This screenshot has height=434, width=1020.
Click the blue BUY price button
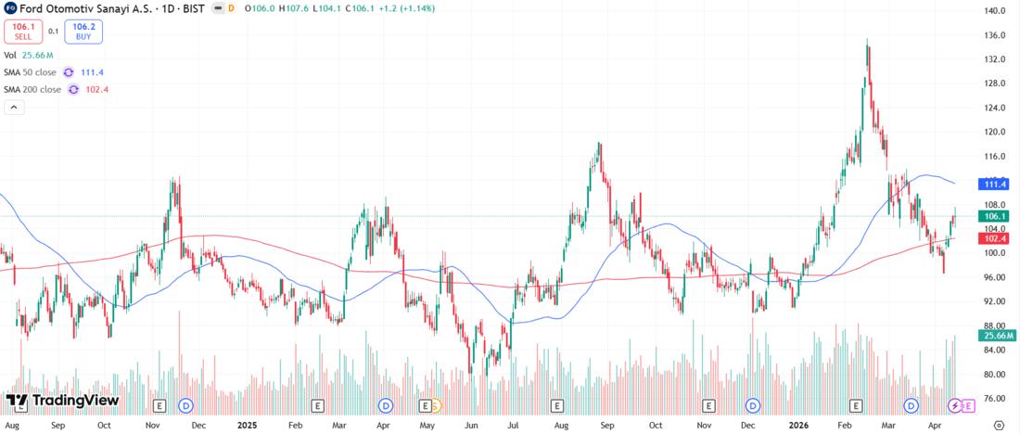click(83, 32)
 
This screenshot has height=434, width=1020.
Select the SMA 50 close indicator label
click(30, 72)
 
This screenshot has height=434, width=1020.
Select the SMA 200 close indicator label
click(32, 90)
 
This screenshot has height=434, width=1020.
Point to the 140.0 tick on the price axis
click(995, 11)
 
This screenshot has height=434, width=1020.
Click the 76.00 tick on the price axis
click(995, 399)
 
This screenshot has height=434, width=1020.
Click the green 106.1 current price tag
click(995, 216)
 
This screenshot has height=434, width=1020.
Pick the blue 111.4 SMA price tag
click(995, 185)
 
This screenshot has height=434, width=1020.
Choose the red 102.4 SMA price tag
click(995, 238)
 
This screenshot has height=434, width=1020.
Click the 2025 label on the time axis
click(247, 424)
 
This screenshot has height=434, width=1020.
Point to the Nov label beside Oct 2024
click(153, 424)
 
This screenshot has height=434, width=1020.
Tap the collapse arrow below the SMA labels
click(15, 108)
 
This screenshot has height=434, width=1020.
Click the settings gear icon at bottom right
click(998, 424)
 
